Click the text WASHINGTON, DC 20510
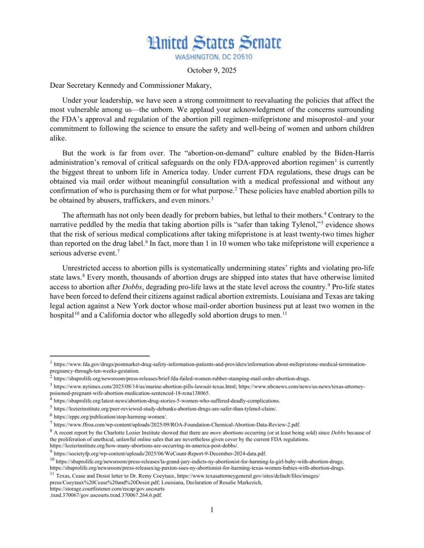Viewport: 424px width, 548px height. tap(214, 57)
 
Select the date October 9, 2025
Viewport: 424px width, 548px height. tap(211, 70)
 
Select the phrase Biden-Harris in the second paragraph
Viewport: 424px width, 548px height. tap(354, 153)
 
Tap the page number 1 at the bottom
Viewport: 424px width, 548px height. tap(212, 510)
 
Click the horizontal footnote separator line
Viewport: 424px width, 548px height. tap(100, 356)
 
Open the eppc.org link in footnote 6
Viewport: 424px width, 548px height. tap(110, 417)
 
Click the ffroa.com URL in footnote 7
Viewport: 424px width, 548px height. tap(177, 425)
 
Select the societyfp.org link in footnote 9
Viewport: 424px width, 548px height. tap(160, 454)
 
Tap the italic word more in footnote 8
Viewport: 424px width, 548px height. tap(216, 433)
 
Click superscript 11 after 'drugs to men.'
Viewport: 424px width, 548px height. tap(285, 314)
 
